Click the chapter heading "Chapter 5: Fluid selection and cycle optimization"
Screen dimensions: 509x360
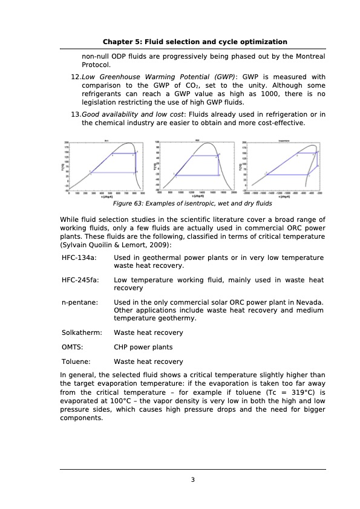coord(194,42)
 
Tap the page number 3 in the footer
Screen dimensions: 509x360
coord(192,480)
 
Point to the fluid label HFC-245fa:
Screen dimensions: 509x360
coord(81,280)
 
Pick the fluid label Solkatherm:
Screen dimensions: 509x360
coord(82,332)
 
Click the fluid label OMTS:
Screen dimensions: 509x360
coord(73,347)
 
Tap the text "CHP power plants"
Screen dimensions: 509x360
coord(143,347)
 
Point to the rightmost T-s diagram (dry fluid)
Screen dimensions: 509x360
coord(282,167)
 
